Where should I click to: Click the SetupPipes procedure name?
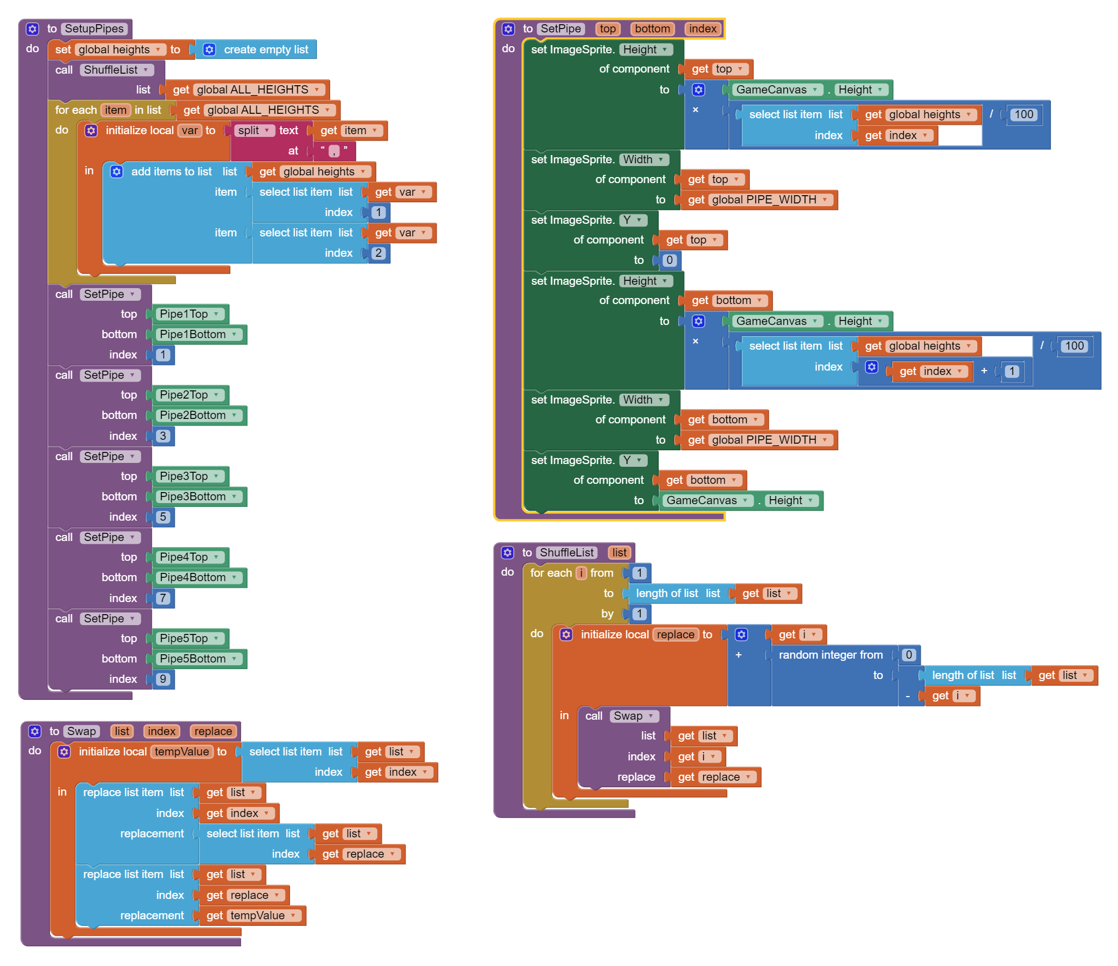(x=94, y=29)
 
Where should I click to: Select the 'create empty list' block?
(x=265, y=49)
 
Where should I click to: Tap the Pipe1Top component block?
(x=183, y=314)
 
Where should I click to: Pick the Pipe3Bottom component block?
(x=192, y=496)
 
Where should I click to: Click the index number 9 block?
(x=163, y=679)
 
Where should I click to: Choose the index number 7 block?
(x=163, y=598)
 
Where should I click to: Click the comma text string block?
(x=334, y=151)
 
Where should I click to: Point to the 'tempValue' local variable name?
(x=181, y=752)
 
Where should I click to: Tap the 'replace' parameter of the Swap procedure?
(x=213, y=731)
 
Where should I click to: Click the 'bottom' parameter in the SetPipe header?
(x=652, y=29)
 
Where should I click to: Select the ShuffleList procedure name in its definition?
(x=566, y=553)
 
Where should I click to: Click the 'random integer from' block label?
(x=830, y=655)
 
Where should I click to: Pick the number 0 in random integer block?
(x=909, y=655)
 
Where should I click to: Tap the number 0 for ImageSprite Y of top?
(x=669, y=260)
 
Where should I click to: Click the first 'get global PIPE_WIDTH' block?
(x=758, y=200)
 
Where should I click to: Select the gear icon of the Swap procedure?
(x=35, y=731)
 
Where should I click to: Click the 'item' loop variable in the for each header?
(x=115, y=110)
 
